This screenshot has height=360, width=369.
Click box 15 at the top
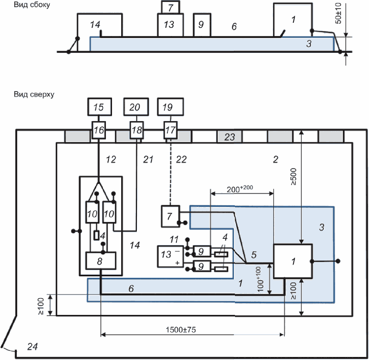tap(99, 107)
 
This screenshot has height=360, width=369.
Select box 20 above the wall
tap(135, 107)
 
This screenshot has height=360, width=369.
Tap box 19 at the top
tap(168, 107)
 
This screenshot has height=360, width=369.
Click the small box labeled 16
tap(99, 130)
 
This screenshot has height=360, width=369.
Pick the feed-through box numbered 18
tap(136, 130)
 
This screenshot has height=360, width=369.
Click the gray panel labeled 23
tap(230, 136)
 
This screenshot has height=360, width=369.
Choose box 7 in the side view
tap(170, 7)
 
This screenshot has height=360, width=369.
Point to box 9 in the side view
tap(201, 25)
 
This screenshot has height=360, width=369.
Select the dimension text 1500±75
tap(181, 329)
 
